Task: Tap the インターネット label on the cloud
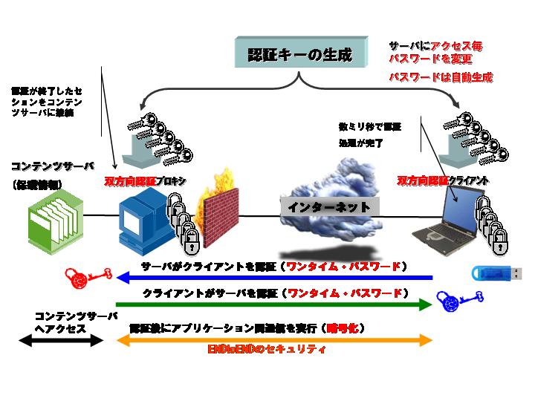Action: click(329, 207)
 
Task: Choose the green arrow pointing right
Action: click(275, 303)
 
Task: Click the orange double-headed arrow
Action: click(275, 340)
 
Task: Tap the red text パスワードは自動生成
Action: click(442, 76)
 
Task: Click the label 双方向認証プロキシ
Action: click(146, 181)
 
